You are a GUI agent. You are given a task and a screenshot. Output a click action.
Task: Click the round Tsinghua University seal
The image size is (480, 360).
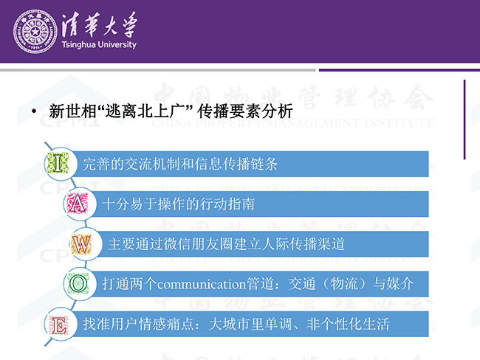(35, 32)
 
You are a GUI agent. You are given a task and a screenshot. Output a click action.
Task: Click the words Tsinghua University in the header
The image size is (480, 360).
(99, 45)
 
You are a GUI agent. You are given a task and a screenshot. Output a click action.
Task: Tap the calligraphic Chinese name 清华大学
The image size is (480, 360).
(100, 24)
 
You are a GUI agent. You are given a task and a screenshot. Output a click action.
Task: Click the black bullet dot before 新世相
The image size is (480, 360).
(34, 111)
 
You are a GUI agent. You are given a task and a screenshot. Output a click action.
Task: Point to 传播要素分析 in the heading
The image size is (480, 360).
(245, 111)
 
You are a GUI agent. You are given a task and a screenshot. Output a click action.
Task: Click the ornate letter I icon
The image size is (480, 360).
(58, 164)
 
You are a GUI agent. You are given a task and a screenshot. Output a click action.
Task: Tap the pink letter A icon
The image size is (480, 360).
(77, 204)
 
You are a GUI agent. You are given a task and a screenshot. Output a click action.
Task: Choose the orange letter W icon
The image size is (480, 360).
(81, 244)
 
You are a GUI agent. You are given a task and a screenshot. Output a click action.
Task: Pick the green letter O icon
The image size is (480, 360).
(78, 283)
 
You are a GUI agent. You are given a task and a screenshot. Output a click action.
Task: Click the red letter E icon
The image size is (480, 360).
(58, 325)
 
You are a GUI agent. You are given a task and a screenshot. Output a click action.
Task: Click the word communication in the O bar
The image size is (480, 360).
(202, 285)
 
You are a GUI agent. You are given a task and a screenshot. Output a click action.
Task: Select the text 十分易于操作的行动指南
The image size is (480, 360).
(179, 204)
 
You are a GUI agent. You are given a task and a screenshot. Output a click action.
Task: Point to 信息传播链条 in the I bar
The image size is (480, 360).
(236, 164)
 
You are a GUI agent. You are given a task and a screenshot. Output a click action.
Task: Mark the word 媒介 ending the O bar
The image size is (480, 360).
(400, 284)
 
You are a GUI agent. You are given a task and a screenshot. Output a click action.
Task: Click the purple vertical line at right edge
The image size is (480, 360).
(464, 120)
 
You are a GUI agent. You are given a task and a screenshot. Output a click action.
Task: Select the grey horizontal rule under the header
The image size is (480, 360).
(157, 70)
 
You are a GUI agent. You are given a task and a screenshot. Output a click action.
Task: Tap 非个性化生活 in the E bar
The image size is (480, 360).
(348, 324)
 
